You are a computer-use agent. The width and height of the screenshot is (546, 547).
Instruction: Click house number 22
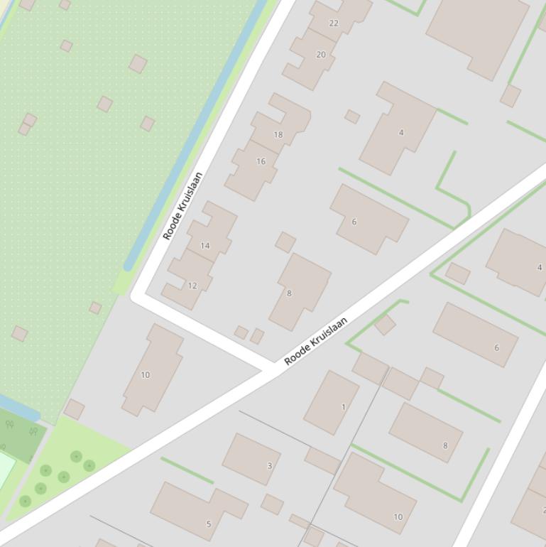coord(334,23)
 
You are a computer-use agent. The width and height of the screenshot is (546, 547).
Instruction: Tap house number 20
coord(321,55)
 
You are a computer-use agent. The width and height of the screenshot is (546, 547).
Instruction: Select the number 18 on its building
coord(278,134)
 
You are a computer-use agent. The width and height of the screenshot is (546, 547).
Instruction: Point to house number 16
coord(261,161)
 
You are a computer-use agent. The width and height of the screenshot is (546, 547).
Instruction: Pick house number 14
coord(205,246)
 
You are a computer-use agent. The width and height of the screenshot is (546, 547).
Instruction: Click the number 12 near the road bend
coord(192,286)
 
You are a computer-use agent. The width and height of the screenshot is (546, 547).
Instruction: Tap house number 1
coord(344,407)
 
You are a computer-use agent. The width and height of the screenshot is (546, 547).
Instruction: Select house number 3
coord(269,466)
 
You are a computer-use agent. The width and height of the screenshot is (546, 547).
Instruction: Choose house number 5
coord(209,524)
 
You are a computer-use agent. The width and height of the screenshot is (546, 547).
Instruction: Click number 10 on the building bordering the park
coord(146,375)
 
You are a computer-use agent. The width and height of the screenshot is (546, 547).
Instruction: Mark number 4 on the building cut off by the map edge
coord(540,267)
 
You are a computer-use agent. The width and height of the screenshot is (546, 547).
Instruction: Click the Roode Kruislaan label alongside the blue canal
coord(183,206)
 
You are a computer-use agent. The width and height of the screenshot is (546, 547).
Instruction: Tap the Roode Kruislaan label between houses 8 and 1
coord(316,341)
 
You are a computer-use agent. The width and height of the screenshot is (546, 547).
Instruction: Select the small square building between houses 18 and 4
coord(352,117)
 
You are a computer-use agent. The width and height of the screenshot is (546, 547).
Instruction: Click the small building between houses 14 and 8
coord(285,242)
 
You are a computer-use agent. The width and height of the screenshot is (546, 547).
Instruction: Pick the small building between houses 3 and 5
coord(272,504)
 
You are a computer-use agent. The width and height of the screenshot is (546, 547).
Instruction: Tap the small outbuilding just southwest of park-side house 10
coord(74,409)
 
